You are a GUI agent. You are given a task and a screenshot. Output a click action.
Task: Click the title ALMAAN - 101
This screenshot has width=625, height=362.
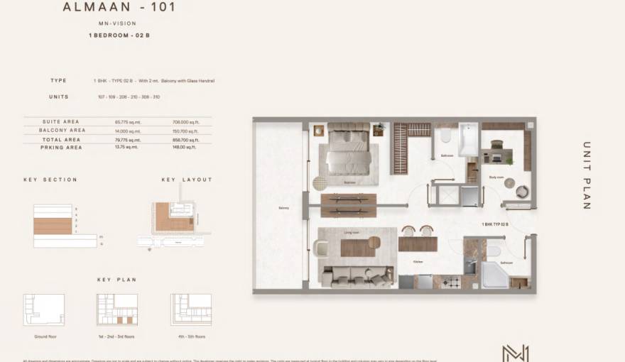click(119, 9)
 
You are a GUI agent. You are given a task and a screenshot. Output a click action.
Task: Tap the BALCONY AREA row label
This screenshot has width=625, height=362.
click(64, 131)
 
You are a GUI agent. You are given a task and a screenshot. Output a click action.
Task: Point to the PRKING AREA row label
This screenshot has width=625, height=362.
click(62, 148)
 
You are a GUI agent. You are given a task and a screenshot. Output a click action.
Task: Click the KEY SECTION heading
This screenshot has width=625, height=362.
click(50, 180)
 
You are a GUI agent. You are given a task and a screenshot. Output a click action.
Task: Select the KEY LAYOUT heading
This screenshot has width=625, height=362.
click(187, 180)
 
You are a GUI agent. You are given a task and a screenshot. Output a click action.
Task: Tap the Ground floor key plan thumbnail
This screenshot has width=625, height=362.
click(44, 309)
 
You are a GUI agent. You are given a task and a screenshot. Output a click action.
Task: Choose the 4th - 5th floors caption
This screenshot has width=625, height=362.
click(190, 336)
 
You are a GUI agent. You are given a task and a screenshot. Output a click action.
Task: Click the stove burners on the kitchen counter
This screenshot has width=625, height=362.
click(451, 282)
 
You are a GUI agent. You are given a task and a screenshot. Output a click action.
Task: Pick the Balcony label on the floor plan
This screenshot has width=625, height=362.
click(283, 208)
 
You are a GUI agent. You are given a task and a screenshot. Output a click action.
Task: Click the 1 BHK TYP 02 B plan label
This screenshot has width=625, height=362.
click(496, 224)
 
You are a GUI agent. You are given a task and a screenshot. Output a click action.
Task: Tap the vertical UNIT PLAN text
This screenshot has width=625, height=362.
click(587, 175)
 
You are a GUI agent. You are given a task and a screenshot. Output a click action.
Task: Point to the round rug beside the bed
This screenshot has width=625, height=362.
click(321, 183)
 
